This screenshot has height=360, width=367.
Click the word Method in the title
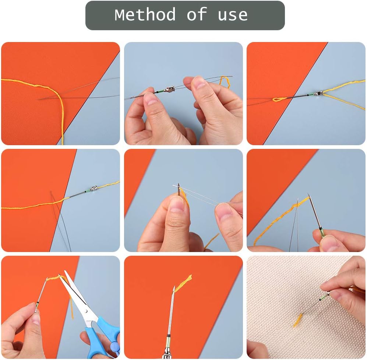(145, 15)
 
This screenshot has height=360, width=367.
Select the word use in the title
(233, 15)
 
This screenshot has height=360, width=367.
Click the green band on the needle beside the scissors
(38, 304)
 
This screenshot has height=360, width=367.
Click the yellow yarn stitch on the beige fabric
(297, 320)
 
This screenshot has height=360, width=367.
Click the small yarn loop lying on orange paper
(279, 99)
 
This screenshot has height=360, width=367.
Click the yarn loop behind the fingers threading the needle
(225, 82)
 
